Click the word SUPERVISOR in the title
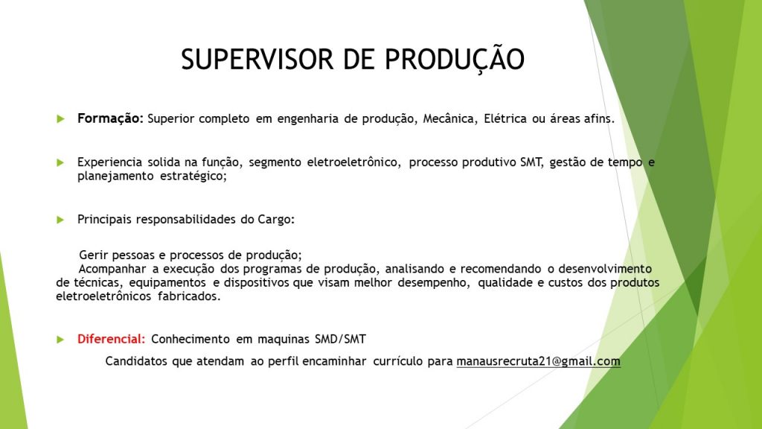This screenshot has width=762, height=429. (257, 60)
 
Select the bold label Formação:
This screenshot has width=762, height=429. (110, 119)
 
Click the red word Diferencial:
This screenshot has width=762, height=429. (112, 339)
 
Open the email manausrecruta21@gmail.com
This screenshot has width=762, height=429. (539, 362)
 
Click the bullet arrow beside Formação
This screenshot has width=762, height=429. (61, 119)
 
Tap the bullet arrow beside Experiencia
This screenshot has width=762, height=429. (61, 162)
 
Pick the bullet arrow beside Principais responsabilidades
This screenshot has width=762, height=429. (61, 220)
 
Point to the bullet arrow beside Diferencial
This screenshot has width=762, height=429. (61, 340)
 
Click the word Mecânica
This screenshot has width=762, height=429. (449, 119)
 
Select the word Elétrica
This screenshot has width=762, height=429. (505, 118)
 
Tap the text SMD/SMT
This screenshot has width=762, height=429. (340, 339)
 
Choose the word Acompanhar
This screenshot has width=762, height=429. (112, 270)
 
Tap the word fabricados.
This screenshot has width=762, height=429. (189, 296)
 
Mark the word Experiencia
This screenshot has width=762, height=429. (110, 162)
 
